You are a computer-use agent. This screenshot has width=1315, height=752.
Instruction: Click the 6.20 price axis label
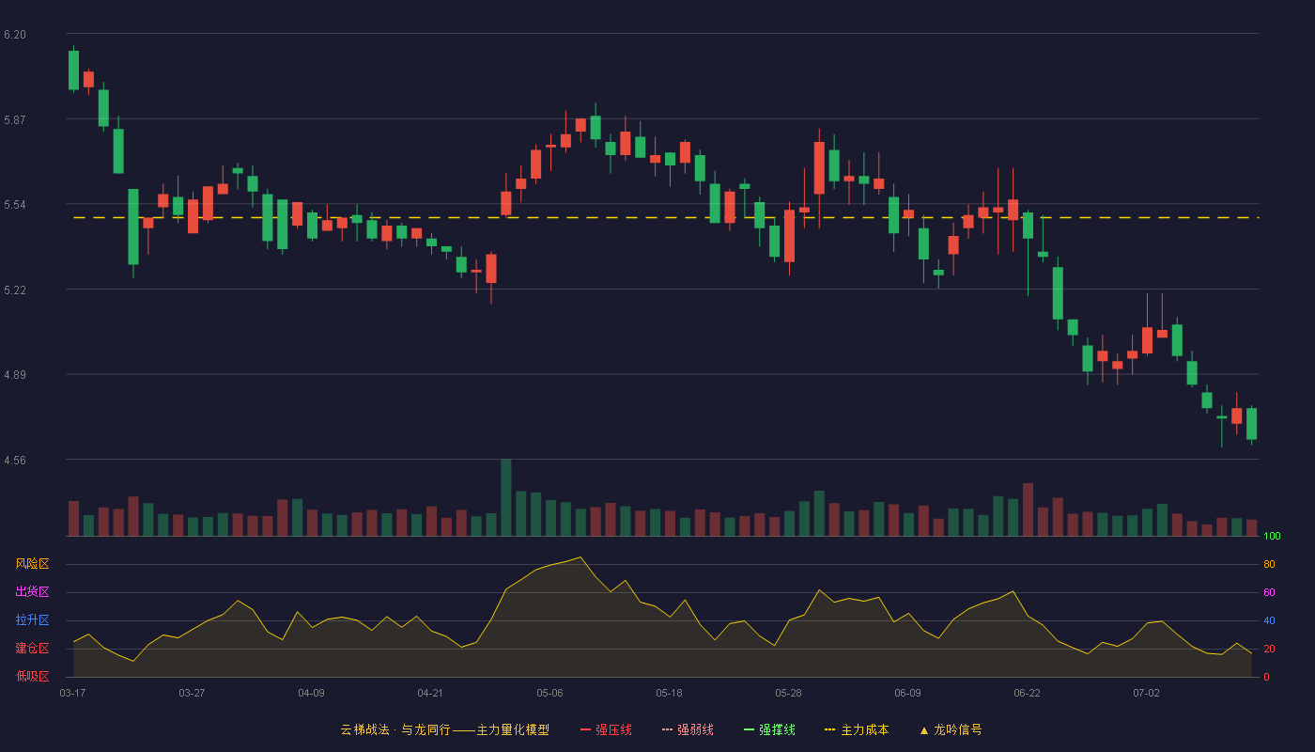point(15,35)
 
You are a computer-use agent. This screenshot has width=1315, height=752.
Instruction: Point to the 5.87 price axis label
point(15,120)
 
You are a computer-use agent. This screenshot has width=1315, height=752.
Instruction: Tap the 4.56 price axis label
point(15,460)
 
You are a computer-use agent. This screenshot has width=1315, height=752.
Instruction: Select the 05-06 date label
point(549,694)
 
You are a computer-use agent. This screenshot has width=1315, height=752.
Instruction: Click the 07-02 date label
point(1146,694)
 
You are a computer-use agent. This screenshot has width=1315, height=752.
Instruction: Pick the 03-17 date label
point(72,694)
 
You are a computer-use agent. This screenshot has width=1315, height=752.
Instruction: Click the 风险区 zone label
point(32,564)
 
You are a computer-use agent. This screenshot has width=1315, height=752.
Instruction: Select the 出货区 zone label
point(32,591)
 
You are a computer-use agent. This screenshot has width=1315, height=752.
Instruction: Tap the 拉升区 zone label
point(32,619)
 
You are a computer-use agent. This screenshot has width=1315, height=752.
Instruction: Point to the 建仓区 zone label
point(32,648)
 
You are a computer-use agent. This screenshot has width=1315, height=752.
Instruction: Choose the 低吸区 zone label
point(32,676)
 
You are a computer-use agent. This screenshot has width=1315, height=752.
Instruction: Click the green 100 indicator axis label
point(1272,536)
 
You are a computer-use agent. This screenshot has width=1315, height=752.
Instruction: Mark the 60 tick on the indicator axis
point(1269,592)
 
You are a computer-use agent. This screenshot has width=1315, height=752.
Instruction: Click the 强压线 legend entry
point(606,729)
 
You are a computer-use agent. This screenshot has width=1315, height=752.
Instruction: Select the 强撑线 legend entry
point(769,729)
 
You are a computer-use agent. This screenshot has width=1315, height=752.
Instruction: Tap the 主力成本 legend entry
point(857,729)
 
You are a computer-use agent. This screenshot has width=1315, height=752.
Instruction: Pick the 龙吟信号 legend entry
point(951,729)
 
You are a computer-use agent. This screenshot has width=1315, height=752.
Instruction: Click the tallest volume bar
point(506,497)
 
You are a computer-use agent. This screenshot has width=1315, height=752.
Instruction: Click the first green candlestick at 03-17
point(73,70)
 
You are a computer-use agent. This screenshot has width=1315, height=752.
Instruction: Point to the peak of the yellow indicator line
point(580,556)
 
